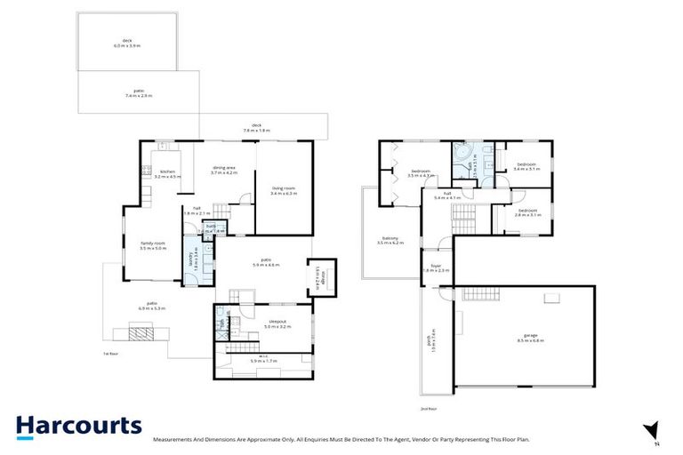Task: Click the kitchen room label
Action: (x=166, y=174)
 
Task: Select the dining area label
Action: (x=222, y=170)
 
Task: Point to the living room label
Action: (x=283, y=188)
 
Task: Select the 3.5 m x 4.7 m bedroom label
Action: (x=421, y=173)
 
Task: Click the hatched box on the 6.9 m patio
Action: (x=141, y=334)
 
